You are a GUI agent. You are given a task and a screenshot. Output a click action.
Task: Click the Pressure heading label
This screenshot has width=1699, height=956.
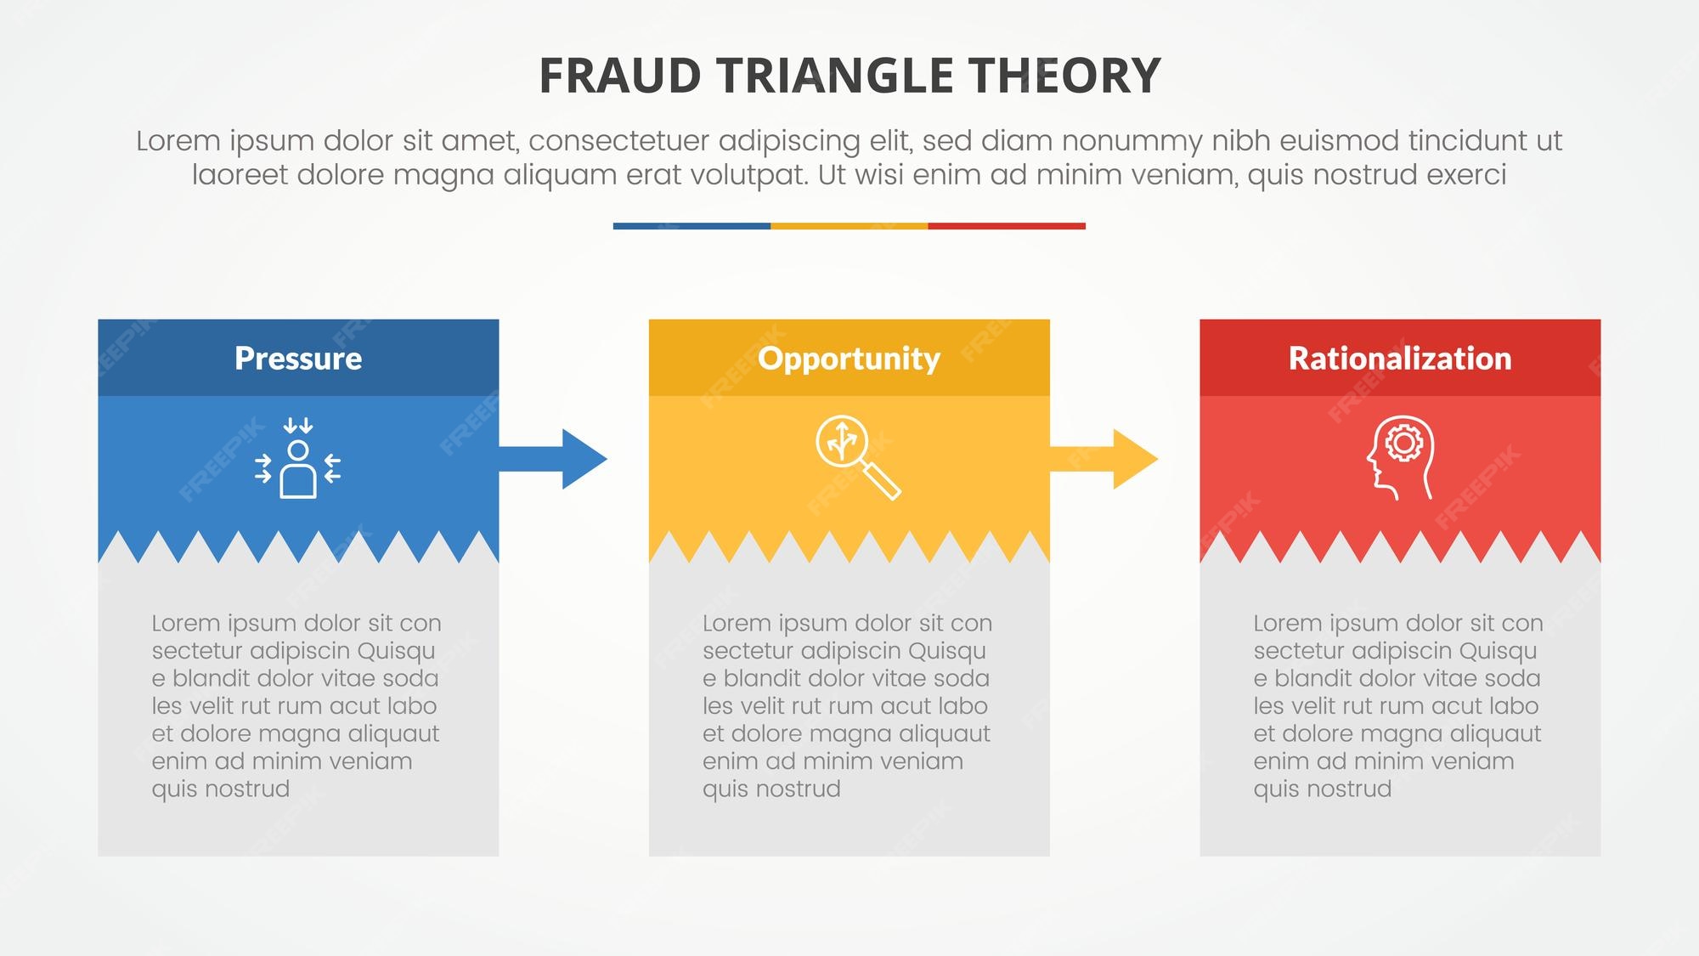[x=298, y=359]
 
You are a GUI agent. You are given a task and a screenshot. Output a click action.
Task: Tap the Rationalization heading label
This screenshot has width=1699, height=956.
[x=1400, y=359]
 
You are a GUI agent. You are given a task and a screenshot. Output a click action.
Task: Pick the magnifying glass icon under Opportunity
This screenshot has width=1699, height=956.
[x=858, y=457]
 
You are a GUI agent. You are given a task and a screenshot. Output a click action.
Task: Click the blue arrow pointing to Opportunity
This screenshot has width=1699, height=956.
[x=553, y=459]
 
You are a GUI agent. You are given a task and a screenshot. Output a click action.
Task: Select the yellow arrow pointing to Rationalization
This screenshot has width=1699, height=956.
[x=1104, y=459]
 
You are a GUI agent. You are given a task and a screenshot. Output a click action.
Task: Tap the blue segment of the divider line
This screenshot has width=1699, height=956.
[x=691, y=226]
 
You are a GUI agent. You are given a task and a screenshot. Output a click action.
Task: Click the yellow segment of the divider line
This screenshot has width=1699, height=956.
[x=849, y=226]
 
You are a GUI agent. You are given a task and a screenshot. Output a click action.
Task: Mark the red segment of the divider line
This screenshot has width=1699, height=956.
[x=1007, y=226]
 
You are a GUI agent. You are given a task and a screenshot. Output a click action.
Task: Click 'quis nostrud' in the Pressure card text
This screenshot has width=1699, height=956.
[x=221, y=789]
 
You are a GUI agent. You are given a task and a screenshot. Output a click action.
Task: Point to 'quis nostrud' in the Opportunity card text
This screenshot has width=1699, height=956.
[x=771, y=789]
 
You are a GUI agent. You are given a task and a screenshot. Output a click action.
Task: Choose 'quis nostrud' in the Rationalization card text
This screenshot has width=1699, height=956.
[x=1323, y=789]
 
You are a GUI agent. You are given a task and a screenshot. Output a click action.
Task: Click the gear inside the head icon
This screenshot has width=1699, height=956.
[x=1403, y=443]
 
